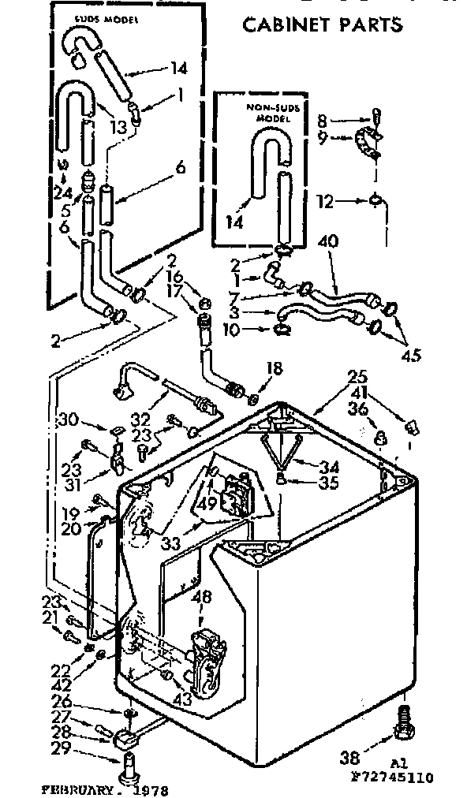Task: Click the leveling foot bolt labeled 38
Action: pos(403,723)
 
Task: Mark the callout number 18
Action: pos(275,367)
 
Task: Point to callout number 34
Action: pos(325,466)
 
